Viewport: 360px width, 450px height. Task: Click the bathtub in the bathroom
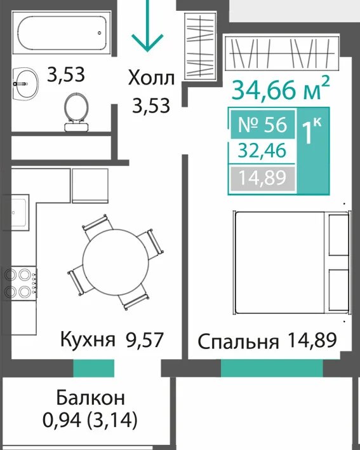62,32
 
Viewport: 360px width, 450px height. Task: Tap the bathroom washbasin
26,83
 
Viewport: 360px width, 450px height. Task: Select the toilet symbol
76,112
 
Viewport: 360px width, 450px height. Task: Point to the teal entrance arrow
147,26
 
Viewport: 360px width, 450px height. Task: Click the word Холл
151,78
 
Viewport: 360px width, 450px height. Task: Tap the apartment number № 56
263,125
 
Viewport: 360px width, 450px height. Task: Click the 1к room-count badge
313,130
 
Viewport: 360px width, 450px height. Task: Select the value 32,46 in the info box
262,151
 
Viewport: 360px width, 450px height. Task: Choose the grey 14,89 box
263,177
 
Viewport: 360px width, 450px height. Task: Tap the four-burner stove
20,283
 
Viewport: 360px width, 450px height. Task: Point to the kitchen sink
16,212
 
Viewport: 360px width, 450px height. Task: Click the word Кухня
88,339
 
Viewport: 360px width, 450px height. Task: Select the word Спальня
238,341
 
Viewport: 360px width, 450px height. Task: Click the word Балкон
91,397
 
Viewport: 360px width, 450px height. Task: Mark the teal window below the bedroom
272,368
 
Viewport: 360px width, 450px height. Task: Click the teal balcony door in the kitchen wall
94,368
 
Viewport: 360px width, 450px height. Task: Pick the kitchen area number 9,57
144,339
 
